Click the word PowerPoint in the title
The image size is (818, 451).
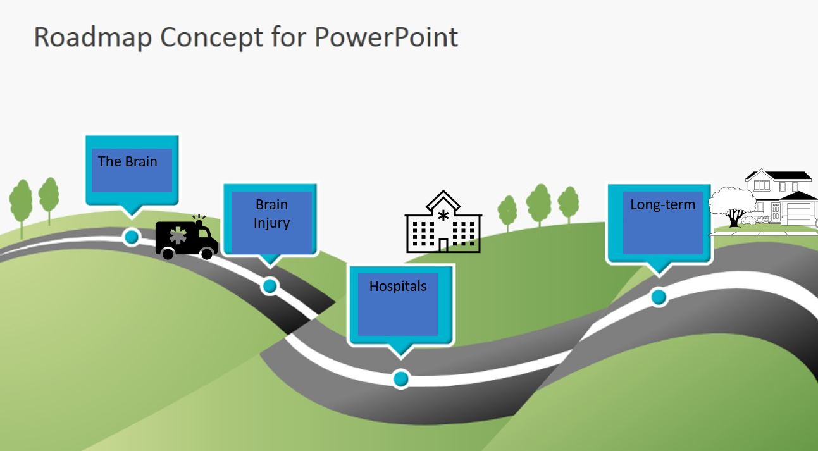[386, 37]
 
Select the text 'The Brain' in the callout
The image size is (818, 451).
[128, 161]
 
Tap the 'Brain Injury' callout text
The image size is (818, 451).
[271, 214]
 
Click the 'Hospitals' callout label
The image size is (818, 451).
[398, 286]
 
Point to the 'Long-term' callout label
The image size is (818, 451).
[662, 204]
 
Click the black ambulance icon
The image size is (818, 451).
[186, 238]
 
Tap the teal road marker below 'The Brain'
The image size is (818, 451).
[132, 237]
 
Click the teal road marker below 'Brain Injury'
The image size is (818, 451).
[270, 286]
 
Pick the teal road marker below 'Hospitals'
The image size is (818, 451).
[400, 379]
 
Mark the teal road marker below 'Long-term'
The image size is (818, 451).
[659, 297]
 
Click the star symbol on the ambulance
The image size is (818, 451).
[178, 237]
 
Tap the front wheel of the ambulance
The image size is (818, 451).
[206, 253]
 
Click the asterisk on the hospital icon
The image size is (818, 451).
[443, 216]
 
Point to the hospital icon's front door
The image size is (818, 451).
[443, 245]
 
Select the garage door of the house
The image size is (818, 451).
[798, 213]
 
